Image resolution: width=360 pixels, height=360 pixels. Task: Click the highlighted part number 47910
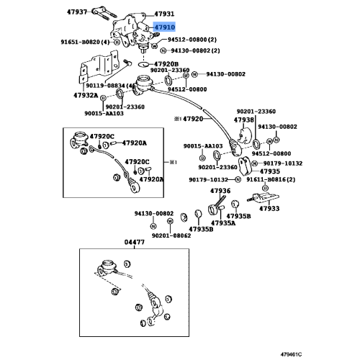tap(165, 27)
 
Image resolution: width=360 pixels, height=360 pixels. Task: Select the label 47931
tap(164, 14)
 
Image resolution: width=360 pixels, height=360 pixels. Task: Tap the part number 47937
tap(77, 12)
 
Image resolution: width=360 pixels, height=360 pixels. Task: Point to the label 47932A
tap(86, 95)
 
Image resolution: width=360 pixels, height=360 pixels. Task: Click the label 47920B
tap(166, 64)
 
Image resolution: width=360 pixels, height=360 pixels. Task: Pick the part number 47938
tap(243, 120)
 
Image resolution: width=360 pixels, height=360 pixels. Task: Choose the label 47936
tap(220, 191)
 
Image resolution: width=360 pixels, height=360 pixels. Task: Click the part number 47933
tap(269, 208)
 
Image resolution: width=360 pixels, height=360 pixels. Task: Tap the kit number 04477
tap(135, 242)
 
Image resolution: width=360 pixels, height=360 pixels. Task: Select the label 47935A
tap(223, 223)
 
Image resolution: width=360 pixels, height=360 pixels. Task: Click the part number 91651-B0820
tap(80, 42)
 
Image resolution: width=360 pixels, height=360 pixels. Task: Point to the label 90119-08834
tap(105, 86)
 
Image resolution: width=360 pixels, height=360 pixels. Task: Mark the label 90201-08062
tap(171, 235)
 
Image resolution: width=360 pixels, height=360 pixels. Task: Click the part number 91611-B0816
tap(266, 179)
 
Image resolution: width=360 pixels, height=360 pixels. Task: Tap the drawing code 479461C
tap(291, 354)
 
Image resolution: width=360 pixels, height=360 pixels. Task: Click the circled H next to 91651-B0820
tap(117, 42)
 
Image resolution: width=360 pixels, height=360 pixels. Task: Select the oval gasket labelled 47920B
tap(143, 64)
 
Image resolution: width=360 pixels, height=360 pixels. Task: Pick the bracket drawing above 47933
tap(264, 198)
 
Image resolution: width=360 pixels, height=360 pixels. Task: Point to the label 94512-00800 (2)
tap(192, 40)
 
